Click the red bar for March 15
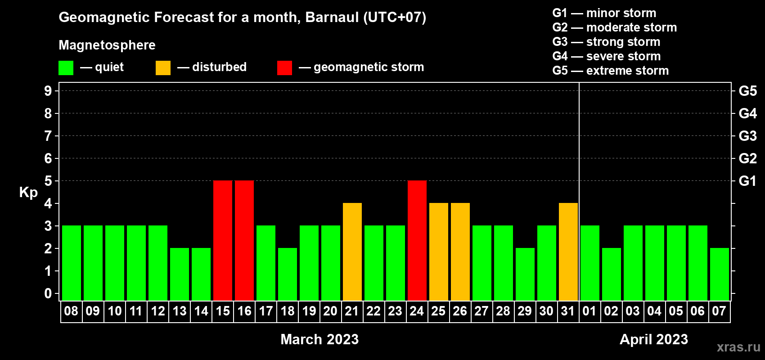(x=223, y=240)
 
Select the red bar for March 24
(x=417, y=240)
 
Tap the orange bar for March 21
(x=352, y=252)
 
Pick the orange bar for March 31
(x=568, y=252)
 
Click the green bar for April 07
(x=720, y=274)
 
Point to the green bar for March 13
(x=180, y=274)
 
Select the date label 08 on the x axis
(x=71, y=311)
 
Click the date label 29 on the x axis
(x=525, y=311)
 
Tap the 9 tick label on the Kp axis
(x=48, y=91)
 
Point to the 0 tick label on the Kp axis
(x=48, y=293)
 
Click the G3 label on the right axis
(x=747, y=136)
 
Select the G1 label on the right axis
(x=747, y=181)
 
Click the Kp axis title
(x=28, y=193)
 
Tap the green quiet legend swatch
(x=66, y=67)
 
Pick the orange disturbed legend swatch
(x=163, y=67)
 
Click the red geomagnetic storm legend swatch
(x=284, y=67)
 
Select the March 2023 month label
(x=319, y=339)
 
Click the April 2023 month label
(x=654, y=339)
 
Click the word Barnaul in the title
(x=332, y=17)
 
